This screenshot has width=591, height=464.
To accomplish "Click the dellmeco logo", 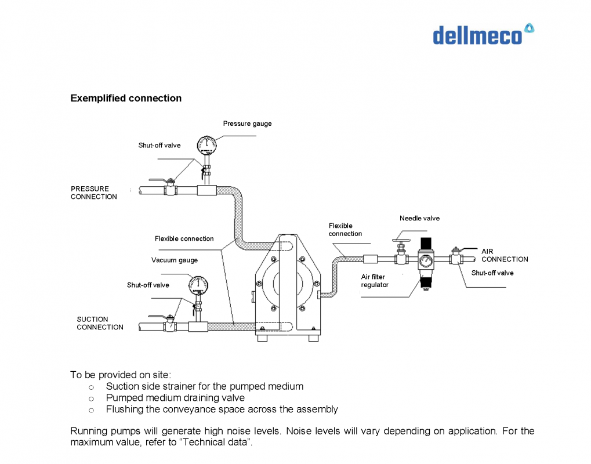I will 483,34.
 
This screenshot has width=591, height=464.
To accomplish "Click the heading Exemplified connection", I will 126,98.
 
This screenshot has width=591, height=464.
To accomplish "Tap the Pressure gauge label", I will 247,124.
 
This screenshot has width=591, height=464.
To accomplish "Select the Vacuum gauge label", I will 175,260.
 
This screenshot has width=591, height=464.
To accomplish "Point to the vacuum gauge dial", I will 198,285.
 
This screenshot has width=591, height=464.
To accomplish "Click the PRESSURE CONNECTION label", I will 93,193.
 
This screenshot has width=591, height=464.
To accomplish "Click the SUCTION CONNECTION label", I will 100,323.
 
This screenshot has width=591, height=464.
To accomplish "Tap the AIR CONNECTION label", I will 504,255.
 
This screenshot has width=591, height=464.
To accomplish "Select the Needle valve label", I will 419,218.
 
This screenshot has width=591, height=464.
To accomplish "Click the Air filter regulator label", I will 375,281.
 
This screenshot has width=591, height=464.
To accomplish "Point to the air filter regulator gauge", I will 426,259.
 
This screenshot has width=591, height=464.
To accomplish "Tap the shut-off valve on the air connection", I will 456,256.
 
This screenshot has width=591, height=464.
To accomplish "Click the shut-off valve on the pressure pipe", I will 170,188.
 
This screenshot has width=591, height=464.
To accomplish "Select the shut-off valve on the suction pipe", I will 169,324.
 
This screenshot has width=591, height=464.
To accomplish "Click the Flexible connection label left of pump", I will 184,238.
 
